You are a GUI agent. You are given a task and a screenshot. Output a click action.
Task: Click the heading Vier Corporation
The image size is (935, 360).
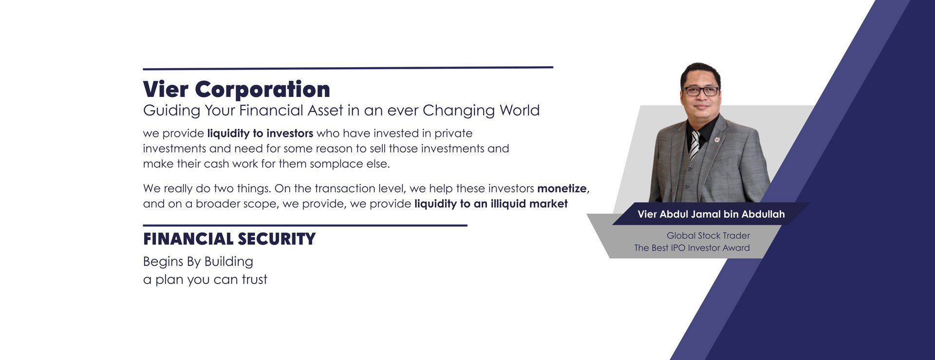tap(237, 90)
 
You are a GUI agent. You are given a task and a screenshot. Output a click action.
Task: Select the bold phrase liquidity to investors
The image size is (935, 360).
tap(260, 133)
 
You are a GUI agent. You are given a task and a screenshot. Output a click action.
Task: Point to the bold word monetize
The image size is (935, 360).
tap(562, 189)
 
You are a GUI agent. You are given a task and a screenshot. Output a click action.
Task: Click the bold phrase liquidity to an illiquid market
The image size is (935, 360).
tap(491, 204)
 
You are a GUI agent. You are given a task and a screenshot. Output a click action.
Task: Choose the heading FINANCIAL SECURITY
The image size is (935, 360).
tap(229, 239)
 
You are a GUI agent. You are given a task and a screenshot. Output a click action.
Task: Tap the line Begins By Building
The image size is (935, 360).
tap(198, 262)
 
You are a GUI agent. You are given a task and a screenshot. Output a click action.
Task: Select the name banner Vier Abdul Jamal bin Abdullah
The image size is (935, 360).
tap(711, 214)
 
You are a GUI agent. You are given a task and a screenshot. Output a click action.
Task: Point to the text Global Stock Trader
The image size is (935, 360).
tap(708, 236)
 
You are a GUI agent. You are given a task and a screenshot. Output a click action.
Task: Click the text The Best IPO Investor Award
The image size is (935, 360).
tap(692, 248)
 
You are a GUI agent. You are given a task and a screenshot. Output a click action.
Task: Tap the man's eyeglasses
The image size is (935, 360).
tap(701, 91)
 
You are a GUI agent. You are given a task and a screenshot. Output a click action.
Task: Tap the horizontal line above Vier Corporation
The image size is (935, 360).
tap(348, 68)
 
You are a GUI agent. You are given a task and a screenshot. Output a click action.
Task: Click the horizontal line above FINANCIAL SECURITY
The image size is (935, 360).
tap(305, 226)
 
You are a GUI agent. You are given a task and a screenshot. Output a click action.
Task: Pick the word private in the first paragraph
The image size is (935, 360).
tap(453, 134)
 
